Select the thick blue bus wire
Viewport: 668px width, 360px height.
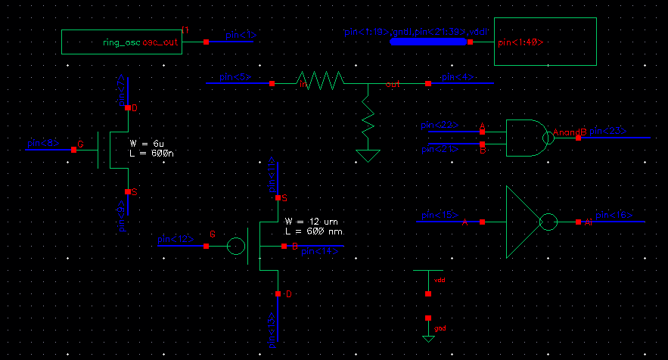click(x=428, y=42)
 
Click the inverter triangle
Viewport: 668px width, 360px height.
click(x=520, y=222)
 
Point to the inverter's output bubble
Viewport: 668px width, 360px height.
click(x=548, y=222)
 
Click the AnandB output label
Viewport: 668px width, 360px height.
click(x=570, y=132)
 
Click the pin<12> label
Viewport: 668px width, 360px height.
click(x=175, y=239)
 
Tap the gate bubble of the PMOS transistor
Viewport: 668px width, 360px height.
click(x=236, y=247)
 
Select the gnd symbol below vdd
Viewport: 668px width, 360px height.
click(x=428, y=333)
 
